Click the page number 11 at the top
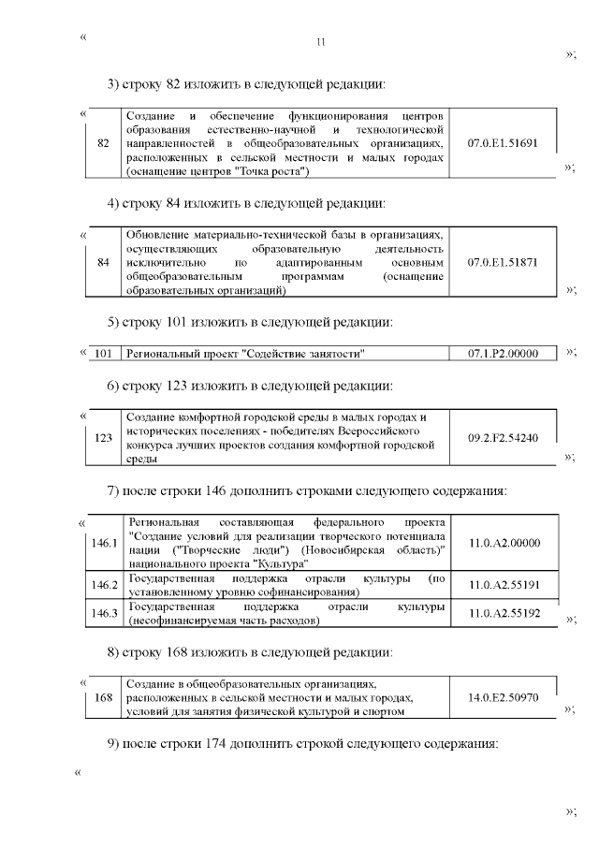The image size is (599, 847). coord(321,42)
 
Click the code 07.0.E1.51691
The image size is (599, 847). coord(503,143)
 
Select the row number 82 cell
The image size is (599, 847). coord(104,143)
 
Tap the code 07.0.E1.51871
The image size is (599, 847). coord(503,263)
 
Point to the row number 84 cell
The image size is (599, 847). coord(104,263)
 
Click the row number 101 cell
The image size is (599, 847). coord(104,353)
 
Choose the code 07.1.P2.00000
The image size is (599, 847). coord(503,353)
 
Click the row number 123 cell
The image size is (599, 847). coord(104,436)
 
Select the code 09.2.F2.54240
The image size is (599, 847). coord(503,436)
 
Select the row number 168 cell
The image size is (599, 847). coord(104,697)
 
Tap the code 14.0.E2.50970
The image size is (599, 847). coord(503,697)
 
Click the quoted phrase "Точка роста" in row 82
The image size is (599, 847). coord(272,172)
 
